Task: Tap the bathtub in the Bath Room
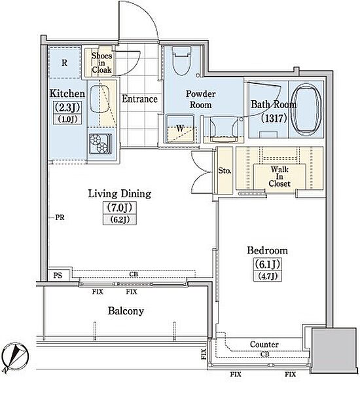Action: click(x=306, y=109)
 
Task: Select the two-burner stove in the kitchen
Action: click(x=100, y=143)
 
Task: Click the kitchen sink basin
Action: click(x=99, y=100)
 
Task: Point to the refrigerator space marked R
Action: click(x=65, y=62)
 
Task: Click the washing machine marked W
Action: click(x=180, y=128)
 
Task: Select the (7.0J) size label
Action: click(x=120, y=208)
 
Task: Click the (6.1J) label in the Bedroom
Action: click(x=267, y=264)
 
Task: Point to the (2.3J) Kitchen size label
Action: click(x=67, y=107)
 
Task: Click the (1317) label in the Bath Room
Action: click(x=274, y=118)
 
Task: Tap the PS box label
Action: click(x=58, y=275)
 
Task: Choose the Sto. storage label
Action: click(x=225, y=171)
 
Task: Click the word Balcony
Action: click(x=126, y=311)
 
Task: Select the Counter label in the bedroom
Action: click(x=264, y=345)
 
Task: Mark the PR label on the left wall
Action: click(x=60, y=217)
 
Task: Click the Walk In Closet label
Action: click(x=279, y=176)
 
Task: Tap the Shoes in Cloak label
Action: click(x=101, y=62)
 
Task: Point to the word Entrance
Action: click(x=139, y=99)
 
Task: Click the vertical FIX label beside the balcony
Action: click(x=204, y=354)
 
